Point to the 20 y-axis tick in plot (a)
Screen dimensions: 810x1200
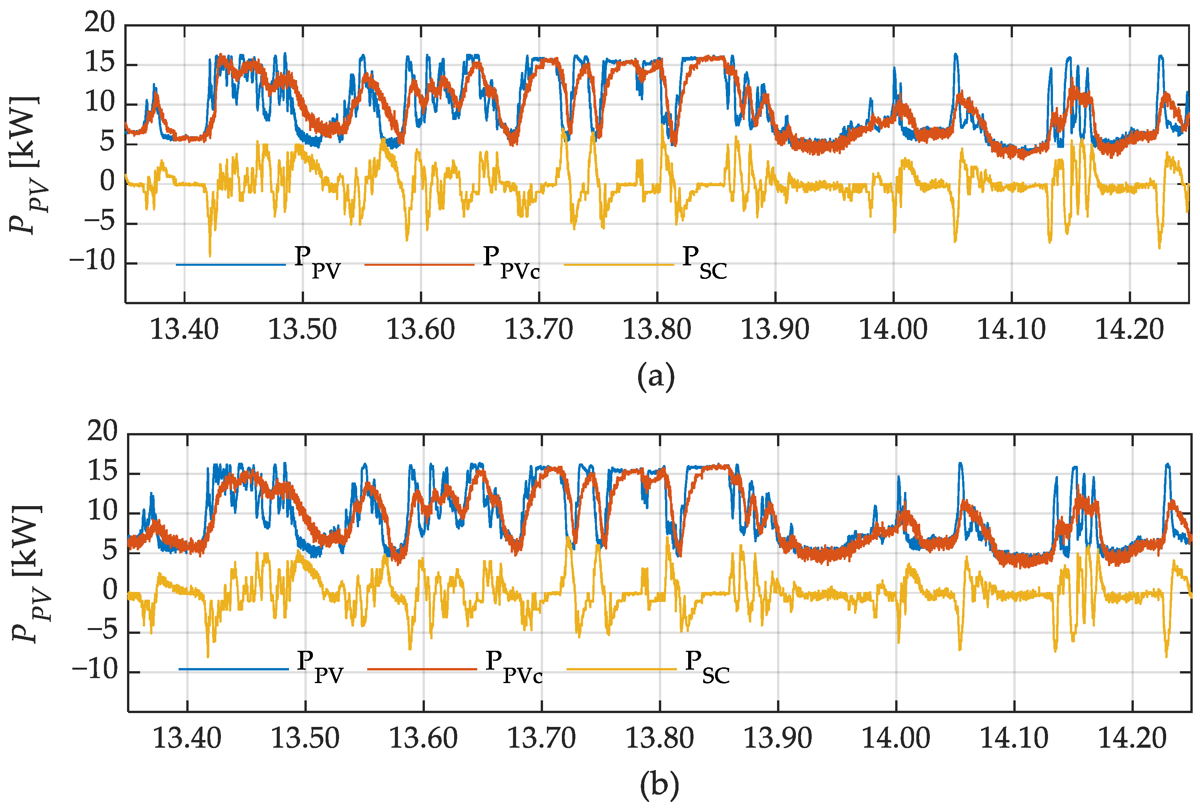tap(100, 23)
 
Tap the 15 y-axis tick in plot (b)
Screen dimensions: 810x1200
tap(103, 472)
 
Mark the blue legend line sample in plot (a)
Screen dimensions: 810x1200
tap(231, 265)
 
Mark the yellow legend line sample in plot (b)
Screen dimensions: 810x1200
tap(622, 669)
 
